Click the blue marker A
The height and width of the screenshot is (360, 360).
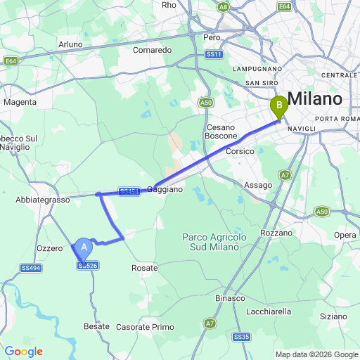(x=84, y=248)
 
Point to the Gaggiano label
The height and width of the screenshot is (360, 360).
(x=165, y=189)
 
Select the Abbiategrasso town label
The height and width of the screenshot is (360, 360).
(x=42, y=200)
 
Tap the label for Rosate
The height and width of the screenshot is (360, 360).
(x=144, y=268)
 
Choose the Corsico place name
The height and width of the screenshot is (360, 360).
(x=239, y=151)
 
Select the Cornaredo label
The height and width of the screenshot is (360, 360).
(x=153, y=50)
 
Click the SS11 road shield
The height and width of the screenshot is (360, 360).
(x=214, y=54)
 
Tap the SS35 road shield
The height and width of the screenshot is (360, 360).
(x=242, y=337)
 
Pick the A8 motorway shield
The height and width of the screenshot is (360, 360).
(x=223, y=6)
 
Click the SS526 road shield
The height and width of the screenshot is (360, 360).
(x=88, y=265)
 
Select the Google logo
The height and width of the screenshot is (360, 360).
(x=23, y=352)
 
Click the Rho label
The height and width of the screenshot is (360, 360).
(x=169, y=5)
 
